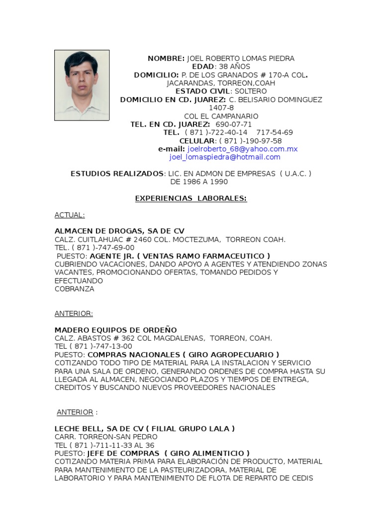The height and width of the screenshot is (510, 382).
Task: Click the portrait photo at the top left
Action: point(82,85)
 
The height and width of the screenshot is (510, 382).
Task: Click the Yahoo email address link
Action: point(242,149)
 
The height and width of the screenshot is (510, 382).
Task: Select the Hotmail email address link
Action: point(225,157)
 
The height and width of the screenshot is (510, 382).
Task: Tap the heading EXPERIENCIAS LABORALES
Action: point(191,198)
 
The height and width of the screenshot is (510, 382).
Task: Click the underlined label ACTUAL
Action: point(70,215)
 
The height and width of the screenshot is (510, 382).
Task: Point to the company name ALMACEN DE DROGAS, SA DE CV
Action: point(119,231)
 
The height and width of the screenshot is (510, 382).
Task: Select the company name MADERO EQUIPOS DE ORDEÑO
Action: point(115,330)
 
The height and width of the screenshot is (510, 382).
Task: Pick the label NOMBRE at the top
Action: point(166,58)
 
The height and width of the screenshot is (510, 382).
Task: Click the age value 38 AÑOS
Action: point(234,67)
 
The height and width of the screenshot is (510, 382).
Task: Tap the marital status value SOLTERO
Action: point(250,91)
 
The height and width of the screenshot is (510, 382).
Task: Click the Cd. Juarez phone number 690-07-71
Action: point(233,124)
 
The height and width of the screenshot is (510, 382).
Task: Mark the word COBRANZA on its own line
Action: point(74,289)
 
